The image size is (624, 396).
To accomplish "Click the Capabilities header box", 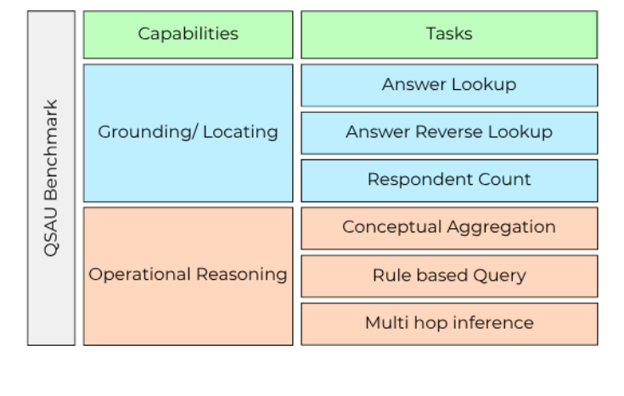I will [x=188, y=34].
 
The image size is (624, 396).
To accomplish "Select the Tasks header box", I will [x=449, y=34].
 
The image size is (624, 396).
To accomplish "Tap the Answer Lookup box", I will [x=449, y=85].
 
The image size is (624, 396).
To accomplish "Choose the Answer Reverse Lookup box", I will [x=449, y=132].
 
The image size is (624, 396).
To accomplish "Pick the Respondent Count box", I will [x=449, y=180].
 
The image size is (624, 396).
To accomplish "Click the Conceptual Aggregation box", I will [x=449, y=227].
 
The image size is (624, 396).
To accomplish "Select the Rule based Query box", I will [x=449, y=275].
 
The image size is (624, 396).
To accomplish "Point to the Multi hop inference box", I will [x=449, y=322].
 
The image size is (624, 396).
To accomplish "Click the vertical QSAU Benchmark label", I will [x=51, y=178].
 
